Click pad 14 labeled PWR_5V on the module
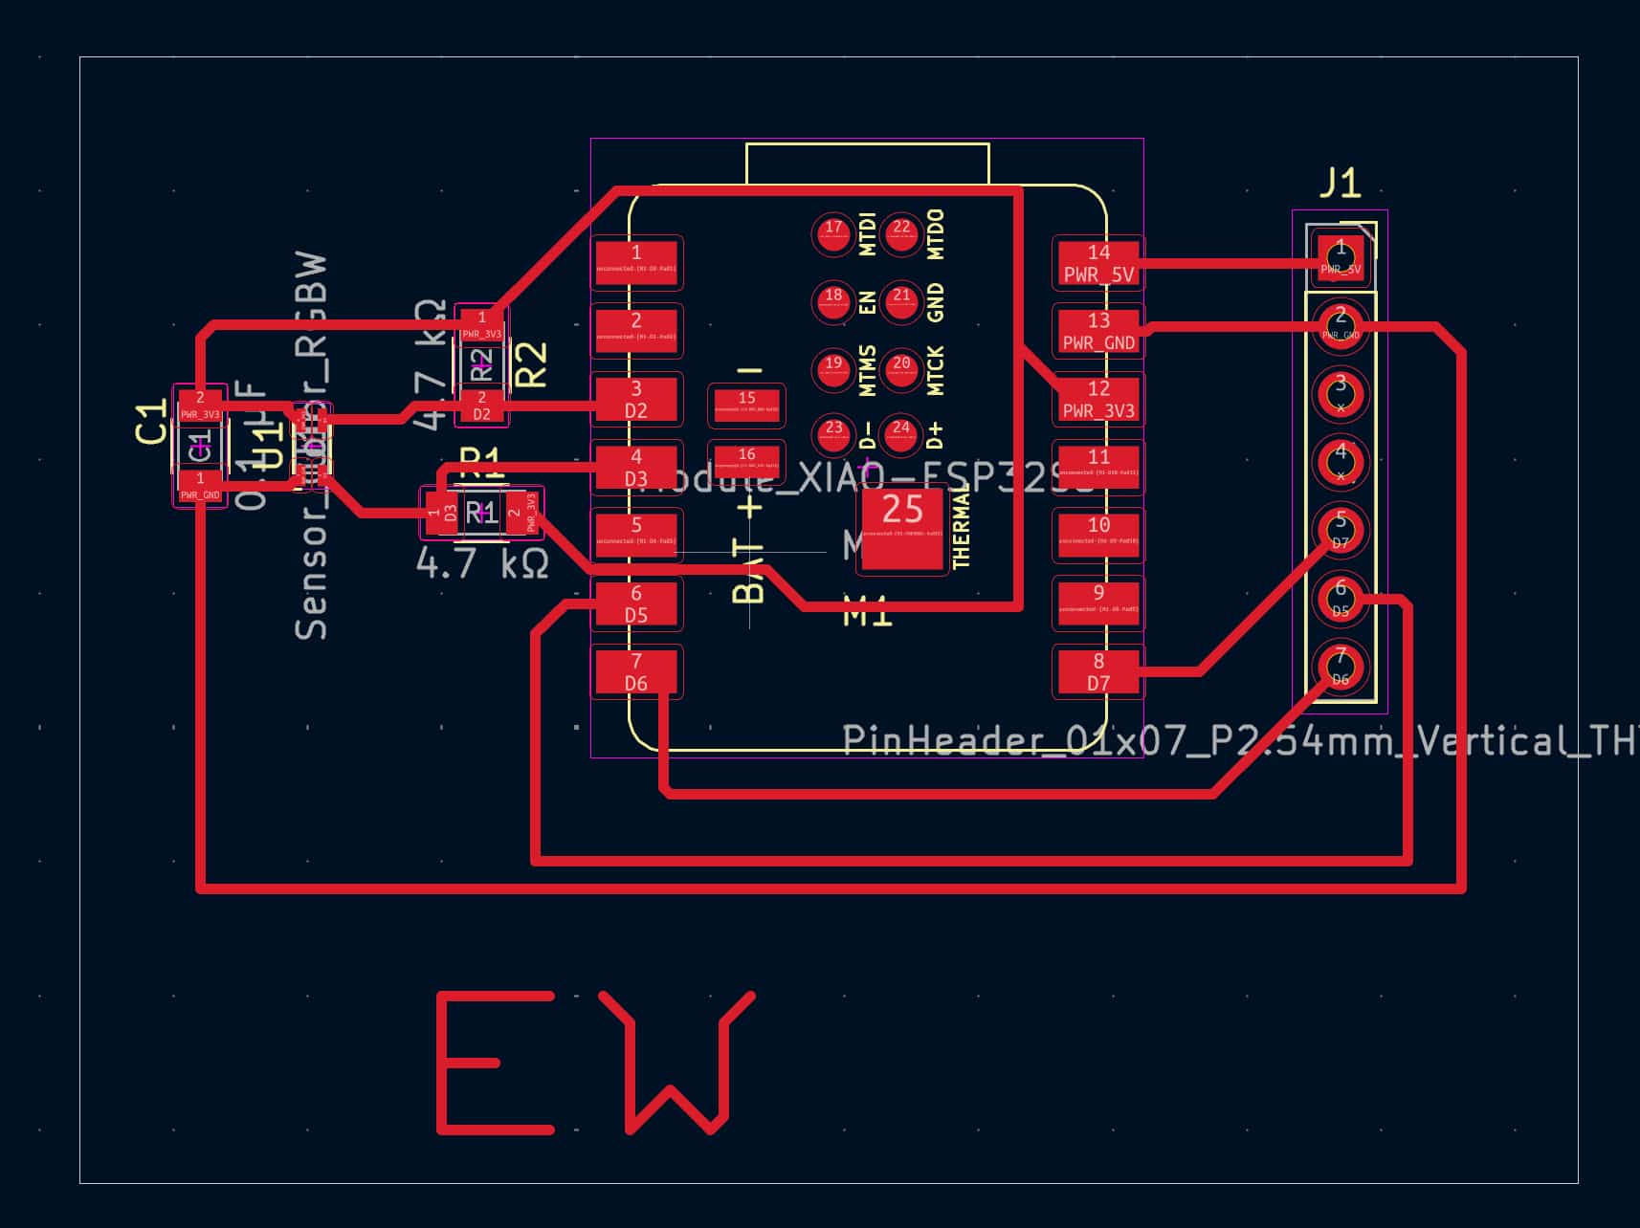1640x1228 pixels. click(1098, 263)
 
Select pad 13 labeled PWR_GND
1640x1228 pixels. click(1098, 331)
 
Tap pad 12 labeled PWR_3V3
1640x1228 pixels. click(1098, 399)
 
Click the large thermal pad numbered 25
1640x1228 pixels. click(902, 528)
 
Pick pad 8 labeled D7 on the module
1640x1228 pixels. click(1098, 670)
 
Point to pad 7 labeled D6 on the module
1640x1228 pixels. click(636, 670)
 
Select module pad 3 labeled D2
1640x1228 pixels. click(636, 399)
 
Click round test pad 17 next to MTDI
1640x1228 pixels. click(833, 232)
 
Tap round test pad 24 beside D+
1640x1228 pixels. click(901, 434)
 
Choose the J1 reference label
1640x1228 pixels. click(1340, 182)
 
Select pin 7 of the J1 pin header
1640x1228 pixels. click(1341, 666)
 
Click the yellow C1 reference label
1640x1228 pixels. click(151, 424)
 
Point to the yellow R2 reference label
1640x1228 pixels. click(531, 364)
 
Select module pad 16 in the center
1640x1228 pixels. click(746, 460)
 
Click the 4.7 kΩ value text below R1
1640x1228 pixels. click(482, 563)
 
